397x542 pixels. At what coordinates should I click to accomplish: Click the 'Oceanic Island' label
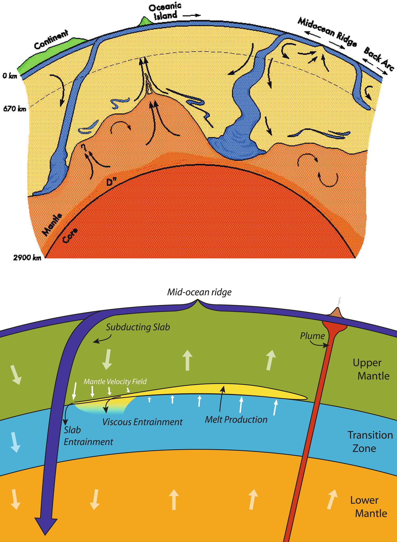(x=165, y=11)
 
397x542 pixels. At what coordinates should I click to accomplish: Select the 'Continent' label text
(x=51, y=39)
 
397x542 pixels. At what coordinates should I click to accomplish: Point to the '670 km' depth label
(x=15, y=109)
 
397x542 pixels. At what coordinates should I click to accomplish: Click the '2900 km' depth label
(x=27, y=258)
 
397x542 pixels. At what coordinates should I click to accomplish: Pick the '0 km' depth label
(x=10, y=76)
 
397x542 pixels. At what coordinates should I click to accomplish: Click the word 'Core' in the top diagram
(x=70, y=235)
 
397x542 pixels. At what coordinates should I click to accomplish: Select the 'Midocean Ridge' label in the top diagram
(x=327, y=32)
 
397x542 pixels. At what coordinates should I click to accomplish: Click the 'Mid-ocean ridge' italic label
(x=199, y=292)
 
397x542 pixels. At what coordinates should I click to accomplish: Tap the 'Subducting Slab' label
(x=138, y=327)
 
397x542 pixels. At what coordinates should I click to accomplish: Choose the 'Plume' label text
(x=312, y=336)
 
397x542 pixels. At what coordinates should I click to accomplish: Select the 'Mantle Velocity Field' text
(x=115, y=381)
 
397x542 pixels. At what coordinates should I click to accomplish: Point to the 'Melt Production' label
(x=236, y=419)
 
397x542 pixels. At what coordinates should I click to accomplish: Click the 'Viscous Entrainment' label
(x=142, y=422)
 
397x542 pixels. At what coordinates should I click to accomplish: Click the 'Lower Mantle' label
(x=368, y=507)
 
